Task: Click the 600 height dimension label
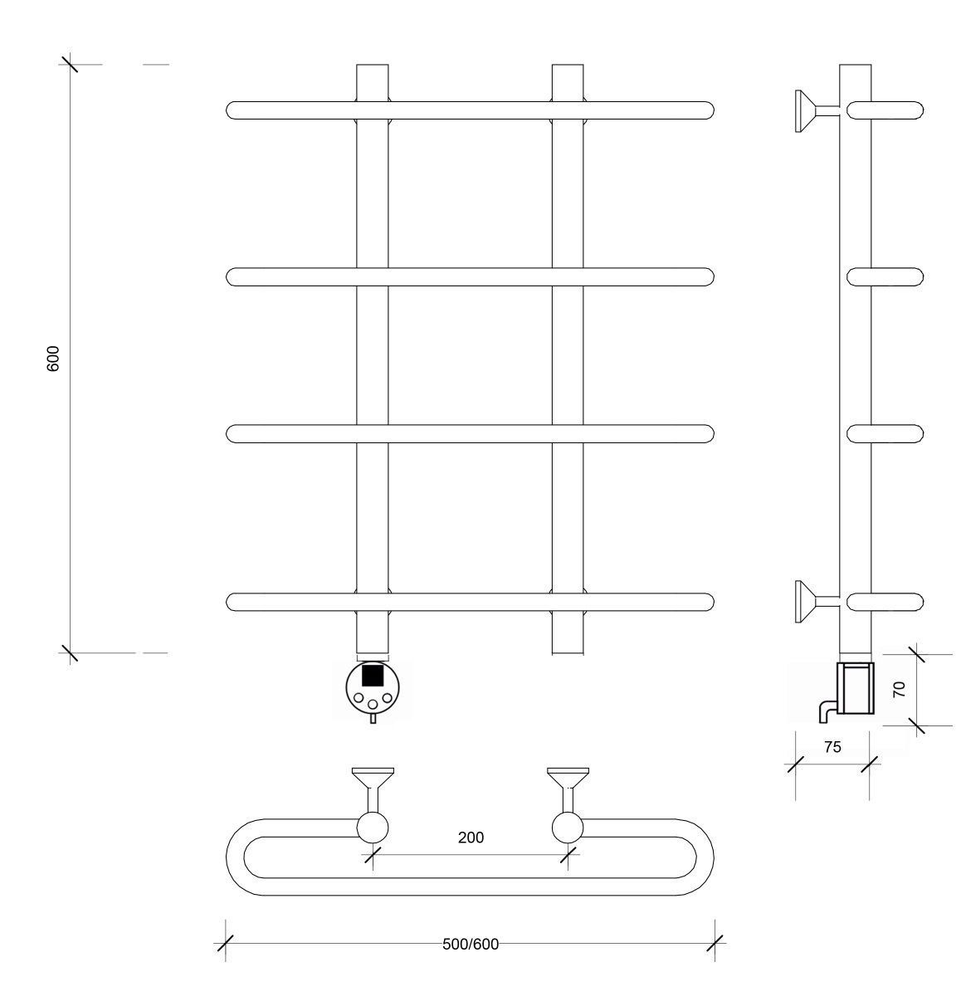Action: pos(53,359)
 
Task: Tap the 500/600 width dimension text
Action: pos(471,945)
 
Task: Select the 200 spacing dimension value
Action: pos(471,838)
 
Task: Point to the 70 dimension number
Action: pos(899,689)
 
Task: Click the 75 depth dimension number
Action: pos(832,747)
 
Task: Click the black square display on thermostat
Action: pos(372,675)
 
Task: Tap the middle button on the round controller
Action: pos(372,704)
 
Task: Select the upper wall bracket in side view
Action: pos(817,111)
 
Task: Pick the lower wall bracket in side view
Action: pos(817,601)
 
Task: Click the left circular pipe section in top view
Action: pos(372,828)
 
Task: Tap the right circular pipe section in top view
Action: pos(568,828)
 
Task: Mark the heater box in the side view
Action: pos(856,688)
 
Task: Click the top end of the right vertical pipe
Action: pos(568,65)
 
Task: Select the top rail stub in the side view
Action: pos(885,110)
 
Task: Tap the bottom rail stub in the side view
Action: pos(885,602)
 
